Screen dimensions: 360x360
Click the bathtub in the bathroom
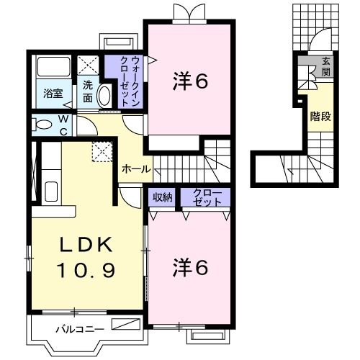point(53,69)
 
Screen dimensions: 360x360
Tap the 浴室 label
point(53,93)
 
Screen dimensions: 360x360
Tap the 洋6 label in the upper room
point(190,81)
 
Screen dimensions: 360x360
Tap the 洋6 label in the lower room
point(190,268)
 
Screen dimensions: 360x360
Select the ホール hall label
point(136,169)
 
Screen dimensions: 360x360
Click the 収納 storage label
point(161,197)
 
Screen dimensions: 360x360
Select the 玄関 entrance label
point(325,66)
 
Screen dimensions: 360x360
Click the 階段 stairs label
point(320,117)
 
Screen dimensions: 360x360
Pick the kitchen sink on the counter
point(50,192)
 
